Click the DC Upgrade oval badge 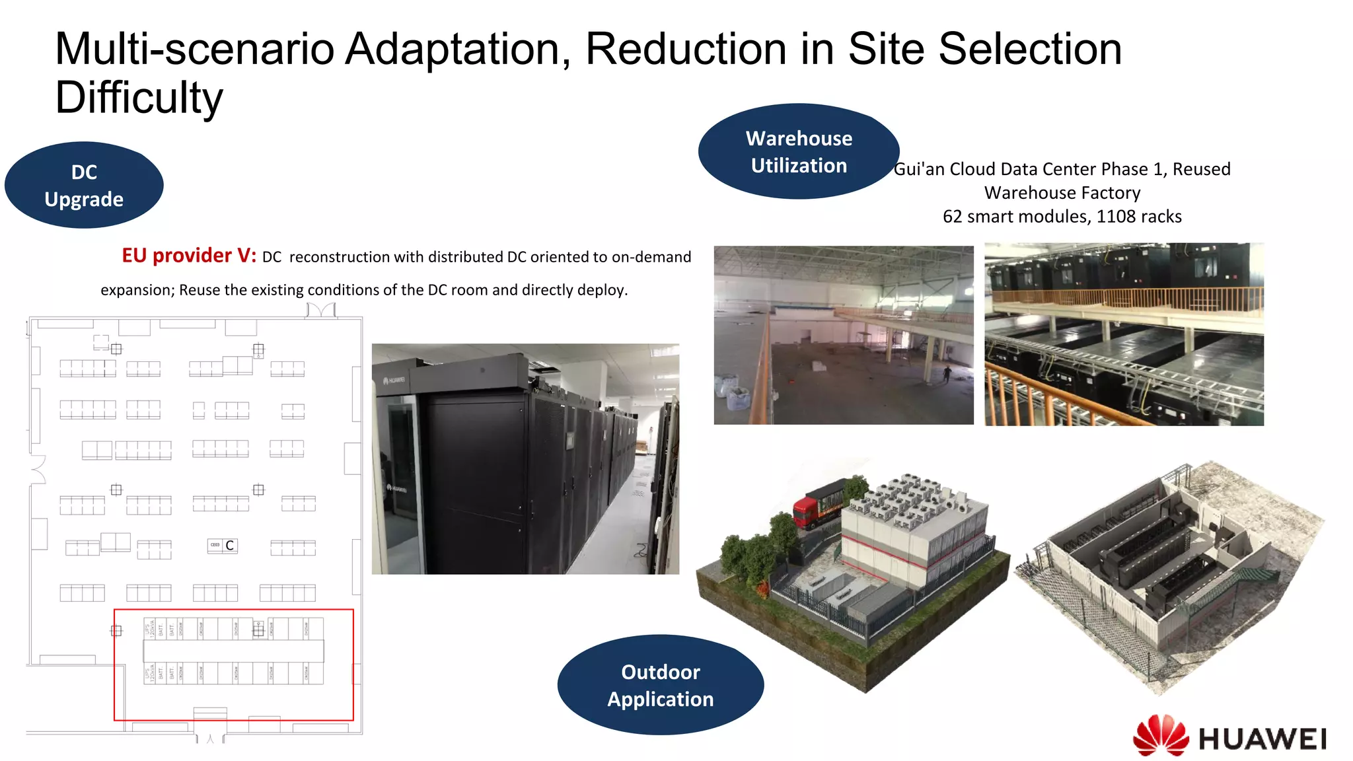[x=84, y=185]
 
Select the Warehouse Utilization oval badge [x=799, y=151]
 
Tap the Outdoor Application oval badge [x=660, y=685]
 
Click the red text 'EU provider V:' [x=189, y=256]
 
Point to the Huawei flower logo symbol [x=1161, y=735]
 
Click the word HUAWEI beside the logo [x=1262, y=739]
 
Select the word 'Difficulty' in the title [x=139, y=98]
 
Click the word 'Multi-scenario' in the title [x=195, y=49]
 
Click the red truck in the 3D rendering [x=807, y=511]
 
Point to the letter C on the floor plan [x=229, y=546]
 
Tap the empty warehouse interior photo [x=843, y=335]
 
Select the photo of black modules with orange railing [x=1124, y=334]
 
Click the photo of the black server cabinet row [x=525, y=458]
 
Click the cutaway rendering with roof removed [x=1169, y=575]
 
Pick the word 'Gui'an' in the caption [x=919, y=169]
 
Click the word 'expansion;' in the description [x=137, y=290]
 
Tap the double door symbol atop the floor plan [x=321, y=310]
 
